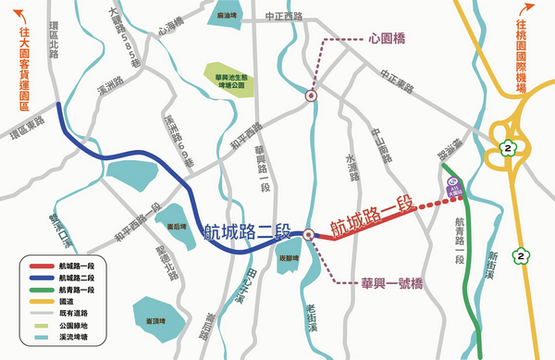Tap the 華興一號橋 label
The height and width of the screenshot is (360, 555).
pyautogui.click(x=391, y=281)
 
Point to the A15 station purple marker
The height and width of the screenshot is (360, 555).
pyautogui.click(x=453, y=185)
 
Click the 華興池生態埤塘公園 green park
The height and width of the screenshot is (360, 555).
pyautogui.click(x=228, y=81)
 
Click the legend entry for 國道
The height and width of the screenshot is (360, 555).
pyautogui.click(x=67, y=301)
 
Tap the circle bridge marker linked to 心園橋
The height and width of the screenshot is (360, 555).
pyautogui.click(x=311, y=93)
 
